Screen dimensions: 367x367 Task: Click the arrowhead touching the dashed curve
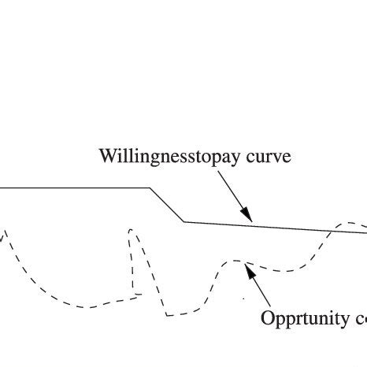[248, 270]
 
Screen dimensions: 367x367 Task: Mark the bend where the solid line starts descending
[150, 188]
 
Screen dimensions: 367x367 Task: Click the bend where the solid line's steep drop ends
[184, 221]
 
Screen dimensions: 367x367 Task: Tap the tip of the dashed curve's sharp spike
[130, 230]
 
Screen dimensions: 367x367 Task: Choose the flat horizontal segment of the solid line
[75, 188]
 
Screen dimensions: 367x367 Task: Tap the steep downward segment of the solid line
[167, 205]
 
